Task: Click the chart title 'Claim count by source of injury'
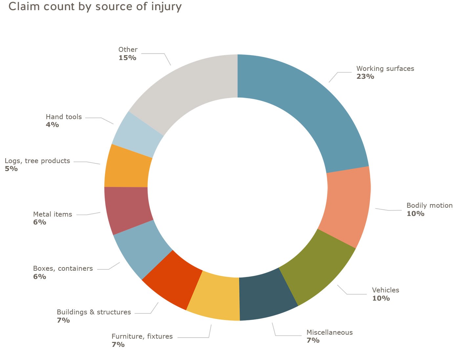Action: coord(95,6)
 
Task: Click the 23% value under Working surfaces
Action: coord(365,76)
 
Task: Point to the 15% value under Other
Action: coord(127,58)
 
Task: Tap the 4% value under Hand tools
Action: coord(52,125)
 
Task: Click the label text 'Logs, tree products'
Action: coord(37,161)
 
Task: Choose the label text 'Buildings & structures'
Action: coord(94,312)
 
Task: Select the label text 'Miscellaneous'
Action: coord(329,332)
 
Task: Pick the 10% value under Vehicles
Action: coord(381,298)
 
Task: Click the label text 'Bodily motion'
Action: coord(429,205)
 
